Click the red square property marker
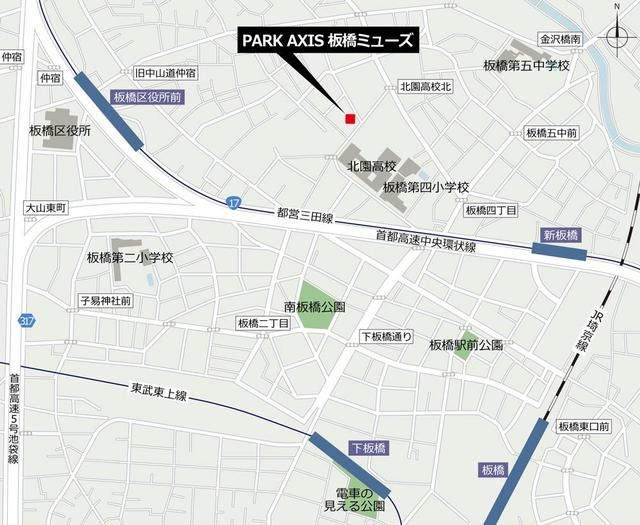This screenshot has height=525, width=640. (x=349, y=119)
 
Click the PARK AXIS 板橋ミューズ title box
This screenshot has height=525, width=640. (x=325, y=41)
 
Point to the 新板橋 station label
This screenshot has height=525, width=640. (x=561, y=234)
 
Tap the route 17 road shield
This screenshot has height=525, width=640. (x=233, y=202)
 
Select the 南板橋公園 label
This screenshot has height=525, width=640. (x=314, y=306)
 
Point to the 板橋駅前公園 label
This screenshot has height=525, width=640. (x=466, y=344)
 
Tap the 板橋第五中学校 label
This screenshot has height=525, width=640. (x=526, y=66)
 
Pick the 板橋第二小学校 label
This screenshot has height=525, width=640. (x=130, y=258)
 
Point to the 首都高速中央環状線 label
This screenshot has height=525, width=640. (x=426, y=239)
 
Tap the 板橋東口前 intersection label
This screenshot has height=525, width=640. (x=583, y=427)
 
